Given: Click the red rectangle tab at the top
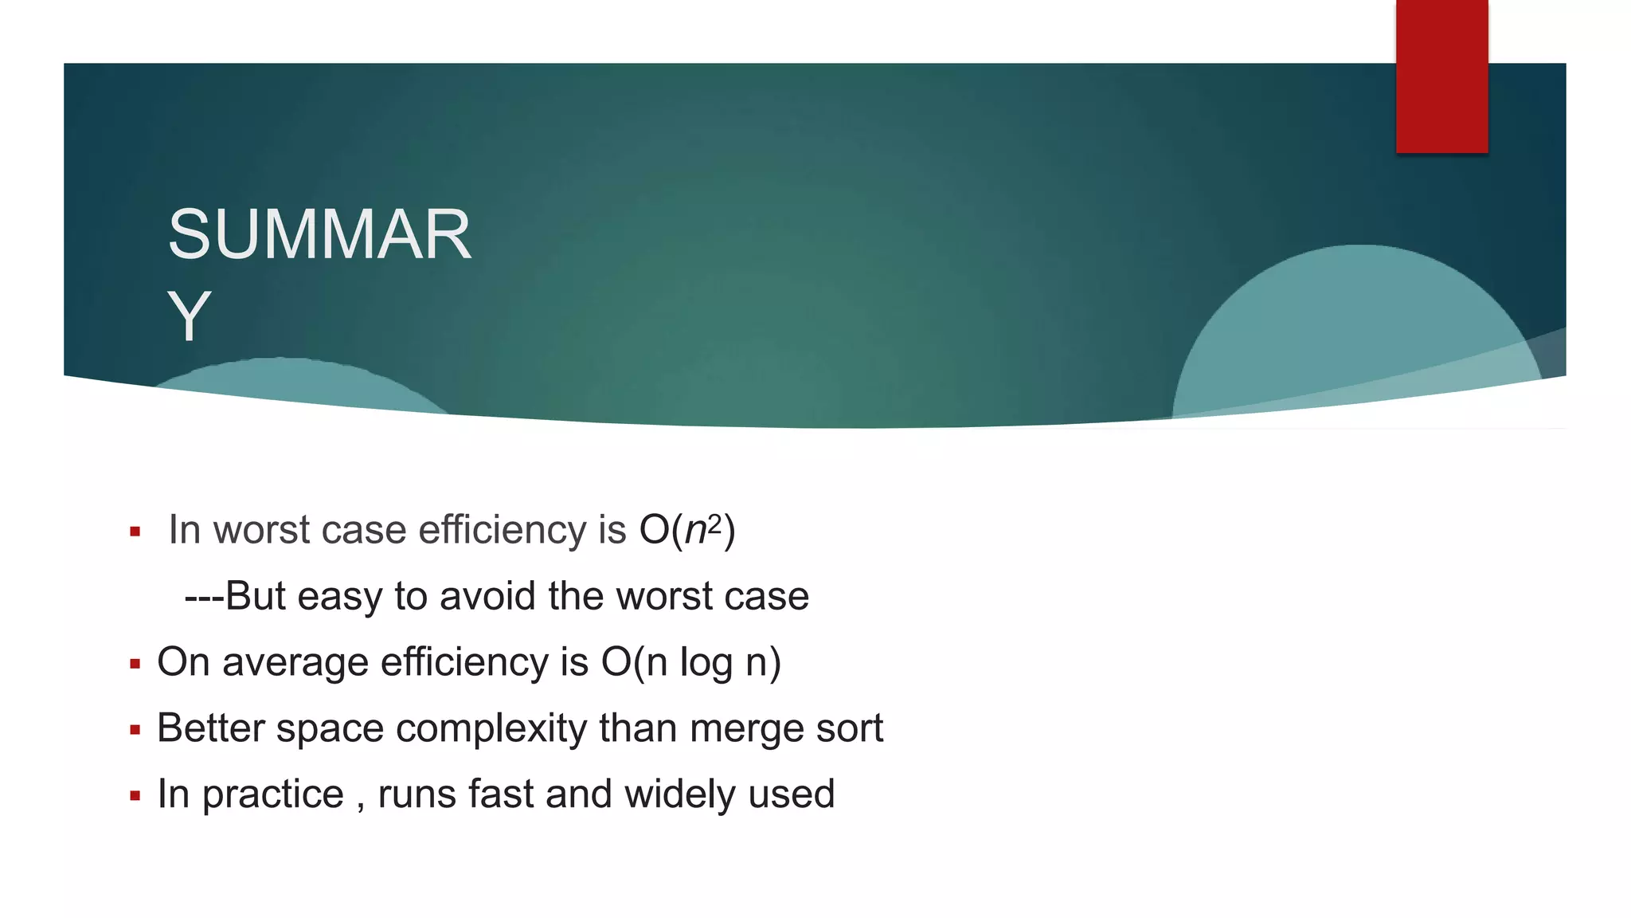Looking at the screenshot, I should point(1441,76).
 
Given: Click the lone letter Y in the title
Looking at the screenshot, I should point(189,317).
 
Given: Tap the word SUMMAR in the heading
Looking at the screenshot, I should point(319,235).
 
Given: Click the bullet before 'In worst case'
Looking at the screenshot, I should point(135,532).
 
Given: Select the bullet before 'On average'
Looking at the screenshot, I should point(135,664).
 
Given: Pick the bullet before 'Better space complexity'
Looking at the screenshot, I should point(135,730).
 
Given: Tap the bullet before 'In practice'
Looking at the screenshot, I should point(135,796).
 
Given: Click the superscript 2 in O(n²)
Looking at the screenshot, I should point(715,523).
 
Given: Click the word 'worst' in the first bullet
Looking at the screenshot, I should point(261,530).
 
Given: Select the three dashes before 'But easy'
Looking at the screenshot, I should point(204,596).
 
